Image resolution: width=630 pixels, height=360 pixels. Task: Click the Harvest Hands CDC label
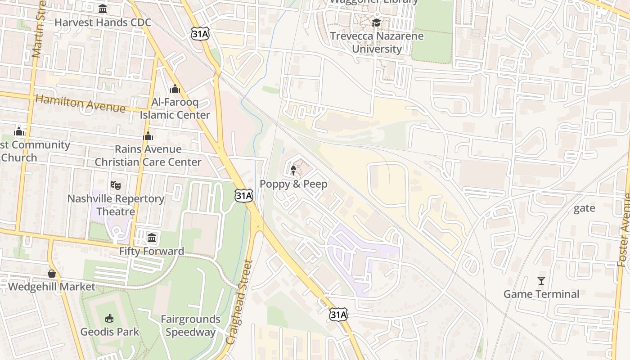(x=103, y=22)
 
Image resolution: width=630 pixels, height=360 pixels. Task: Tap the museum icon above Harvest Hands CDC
(x=103, y=9)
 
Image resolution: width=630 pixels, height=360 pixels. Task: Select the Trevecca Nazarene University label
(x=377, y=42)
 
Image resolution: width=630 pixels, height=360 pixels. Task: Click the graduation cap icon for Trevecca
(x=377, y=22)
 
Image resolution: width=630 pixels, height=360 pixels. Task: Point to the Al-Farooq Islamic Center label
(x=175, y=108)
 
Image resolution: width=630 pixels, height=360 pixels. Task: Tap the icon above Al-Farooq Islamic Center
(x=175, y=89)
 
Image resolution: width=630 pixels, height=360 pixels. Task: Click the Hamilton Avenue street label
(x=80, y=104)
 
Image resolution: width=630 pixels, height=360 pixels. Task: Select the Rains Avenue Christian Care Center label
(x=148, y=155)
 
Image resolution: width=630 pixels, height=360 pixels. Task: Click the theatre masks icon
(x=116, y=185)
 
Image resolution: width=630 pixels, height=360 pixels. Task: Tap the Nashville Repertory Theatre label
(x=116, y=205)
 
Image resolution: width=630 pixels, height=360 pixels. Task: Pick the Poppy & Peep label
(x=293, y=184)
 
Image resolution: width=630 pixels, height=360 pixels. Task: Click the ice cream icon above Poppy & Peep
(x=293, y=170)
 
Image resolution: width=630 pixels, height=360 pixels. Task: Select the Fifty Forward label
(x=152, y=251)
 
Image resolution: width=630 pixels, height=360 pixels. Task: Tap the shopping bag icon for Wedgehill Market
(x=52, y=274)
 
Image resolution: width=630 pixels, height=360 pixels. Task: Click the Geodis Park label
(x=110, y=332)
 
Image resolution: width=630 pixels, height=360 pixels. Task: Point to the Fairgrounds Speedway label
(x=190, y=326)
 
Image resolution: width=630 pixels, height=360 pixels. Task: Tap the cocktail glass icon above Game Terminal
(x=541, y=281)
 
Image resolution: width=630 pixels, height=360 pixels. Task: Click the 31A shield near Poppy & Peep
(x=243, y=195)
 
